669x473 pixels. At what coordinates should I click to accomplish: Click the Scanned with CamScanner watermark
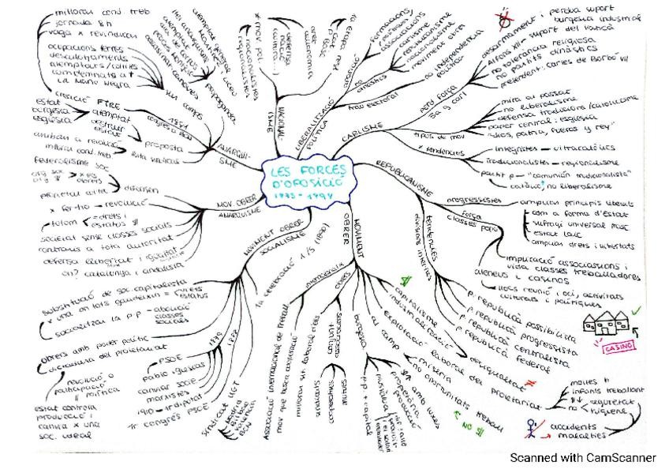pos(582,457)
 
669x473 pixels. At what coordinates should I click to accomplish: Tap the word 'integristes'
pos(516,148)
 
